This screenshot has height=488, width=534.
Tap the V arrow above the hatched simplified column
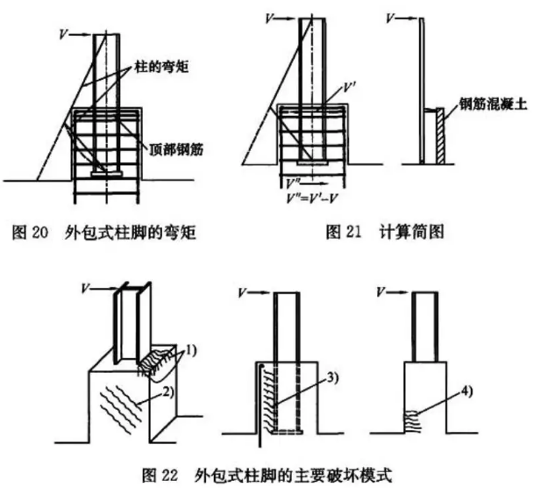(x=400, y=16)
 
